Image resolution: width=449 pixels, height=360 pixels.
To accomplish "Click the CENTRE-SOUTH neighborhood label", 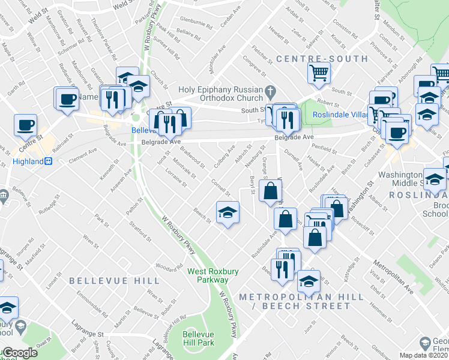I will [322, 59].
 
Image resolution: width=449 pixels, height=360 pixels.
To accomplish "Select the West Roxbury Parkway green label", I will [212, 275].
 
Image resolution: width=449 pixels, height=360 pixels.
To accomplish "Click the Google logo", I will [19, 353].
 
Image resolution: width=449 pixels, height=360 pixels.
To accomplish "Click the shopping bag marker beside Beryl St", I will [271, 192].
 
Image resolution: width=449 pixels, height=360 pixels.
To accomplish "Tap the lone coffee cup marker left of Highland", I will [26, 126].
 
